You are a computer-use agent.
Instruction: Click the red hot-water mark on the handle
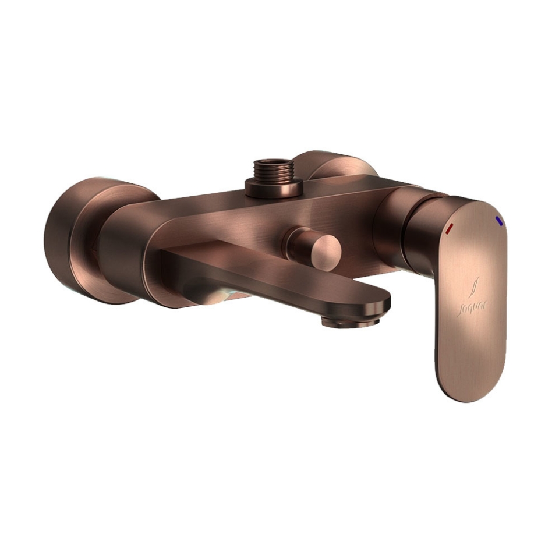[x=449, y=228]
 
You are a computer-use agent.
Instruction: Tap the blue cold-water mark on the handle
[x=499, y=221]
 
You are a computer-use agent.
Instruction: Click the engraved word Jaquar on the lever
[x=472, y=307]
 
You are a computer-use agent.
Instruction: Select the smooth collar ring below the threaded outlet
[x=274, y=189]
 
